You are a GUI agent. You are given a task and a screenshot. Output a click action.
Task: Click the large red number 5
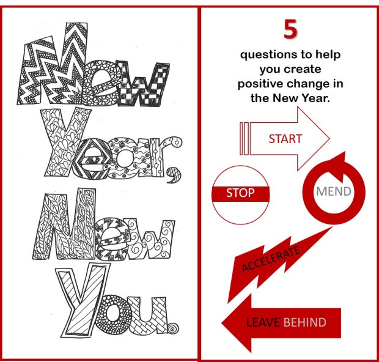point(290,29)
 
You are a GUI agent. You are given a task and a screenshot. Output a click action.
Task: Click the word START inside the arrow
point(285,139)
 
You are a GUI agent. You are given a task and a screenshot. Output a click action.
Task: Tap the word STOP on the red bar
point(240,193)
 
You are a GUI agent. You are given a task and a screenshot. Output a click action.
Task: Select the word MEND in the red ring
point(334,191)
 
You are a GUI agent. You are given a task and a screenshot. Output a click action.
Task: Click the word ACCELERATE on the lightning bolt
point(271,259)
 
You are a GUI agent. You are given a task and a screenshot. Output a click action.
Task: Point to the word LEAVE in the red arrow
point(263,322)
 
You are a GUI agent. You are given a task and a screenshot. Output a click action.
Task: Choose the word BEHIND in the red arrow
point(304,322)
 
